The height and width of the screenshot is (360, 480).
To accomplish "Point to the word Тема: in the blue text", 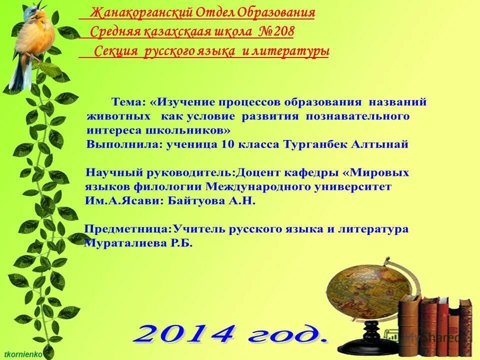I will (x=128, y=102).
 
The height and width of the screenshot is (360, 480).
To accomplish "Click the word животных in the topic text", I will (x=118, y=116).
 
